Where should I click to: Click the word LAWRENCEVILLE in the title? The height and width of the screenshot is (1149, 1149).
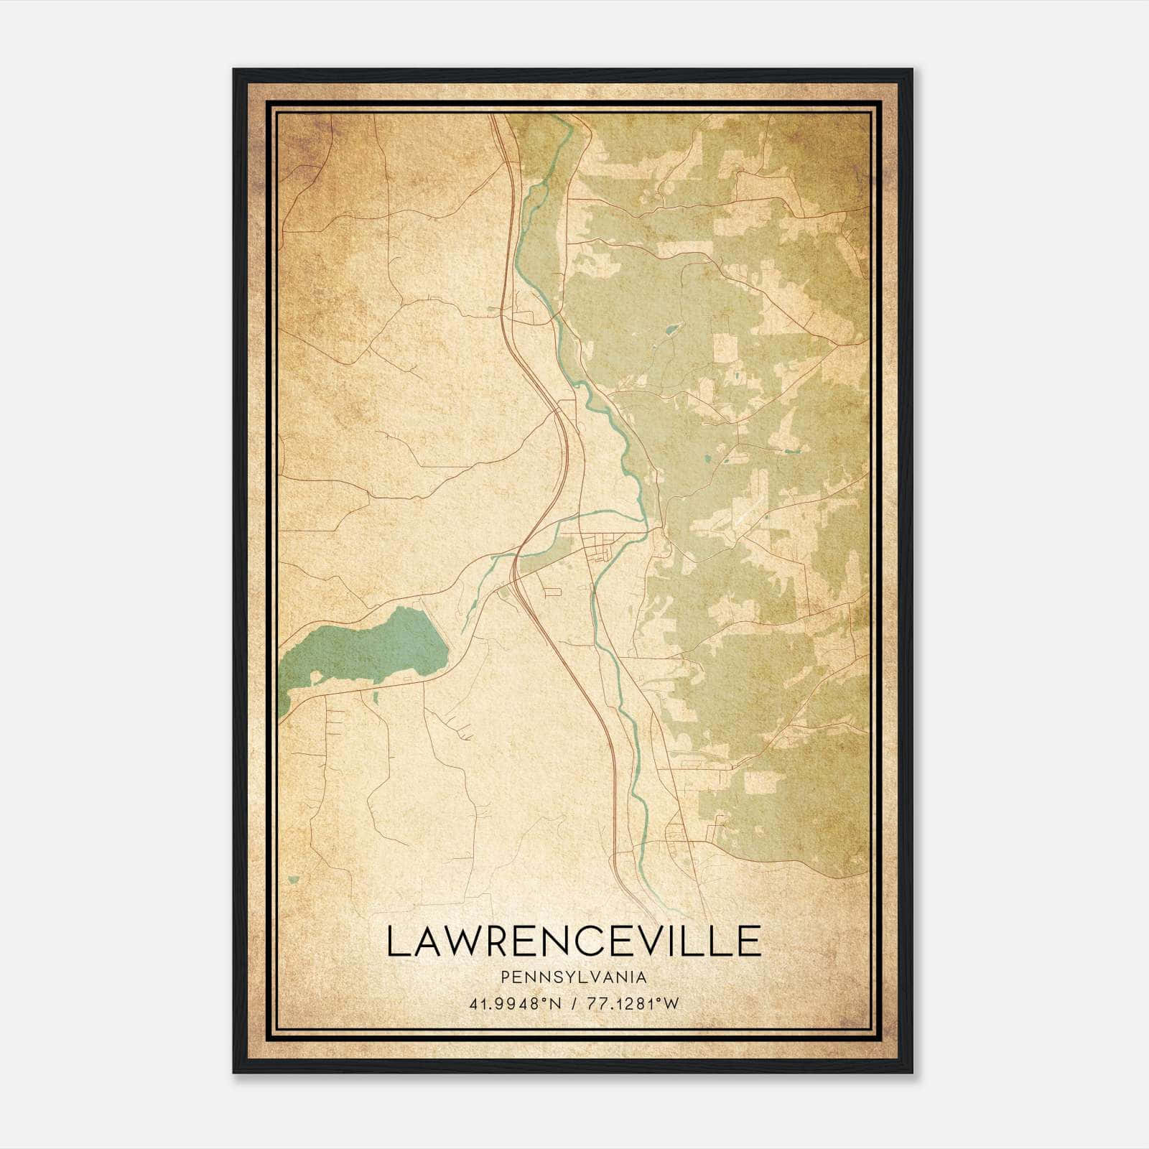tap(573, 941)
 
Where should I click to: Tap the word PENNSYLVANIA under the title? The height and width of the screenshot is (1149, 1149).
tap(573, 977)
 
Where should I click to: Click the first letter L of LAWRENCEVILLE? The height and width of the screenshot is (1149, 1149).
tap(396, 941)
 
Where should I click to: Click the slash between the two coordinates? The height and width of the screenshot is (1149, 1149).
tap(574, 1004)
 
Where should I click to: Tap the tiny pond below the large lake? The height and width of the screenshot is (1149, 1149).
tap(374, 697)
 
